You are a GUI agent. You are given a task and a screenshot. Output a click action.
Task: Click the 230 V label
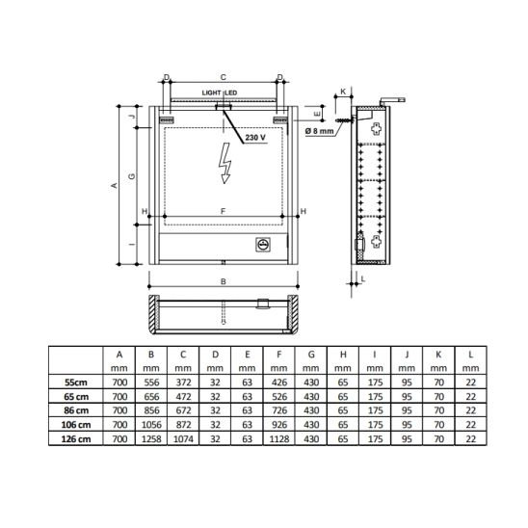pos(255,138)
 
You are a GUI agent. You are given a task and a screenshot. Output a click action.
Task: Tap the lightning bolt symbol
pos(224,164)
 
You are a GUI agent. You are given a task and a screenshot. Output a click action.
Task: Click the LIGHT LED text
pos(220,92)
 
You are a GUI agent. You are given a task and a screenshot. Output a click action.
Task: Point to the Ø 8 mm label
pos(319,131)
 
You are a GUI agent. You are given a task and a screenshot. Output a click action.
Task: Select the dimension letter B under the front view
pos(223,281)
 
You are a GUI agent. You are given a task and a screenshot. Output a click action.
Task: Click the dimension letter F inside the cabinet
pos(223,211)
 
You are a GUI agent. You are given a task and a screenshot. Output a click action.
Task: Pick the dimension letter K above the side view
pos(343,92)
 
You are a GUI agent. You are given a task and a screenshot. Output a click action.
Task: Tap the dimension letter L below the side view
pos(363,278)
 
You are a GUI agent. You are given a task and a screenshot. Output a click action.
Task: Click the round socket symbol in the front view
pos(263,244)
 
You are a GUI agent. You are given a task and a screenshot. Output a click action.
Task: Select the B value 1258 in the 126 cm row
pos(151,438)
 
